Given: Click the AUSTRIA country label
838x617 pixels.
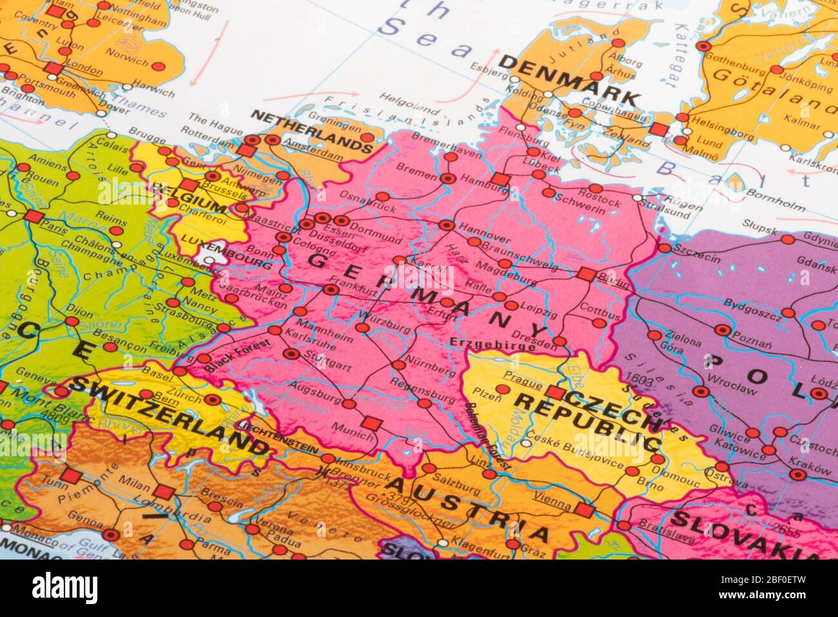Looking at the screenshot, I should click(468, 508).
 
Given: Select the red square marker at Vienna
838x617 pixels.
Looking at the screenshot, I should click(584, 511).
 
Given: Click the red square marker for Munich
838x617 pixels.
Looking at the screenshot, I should click(369, 423).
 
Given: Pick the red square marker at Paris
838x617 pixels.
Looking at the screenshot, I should click(35, 216).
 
